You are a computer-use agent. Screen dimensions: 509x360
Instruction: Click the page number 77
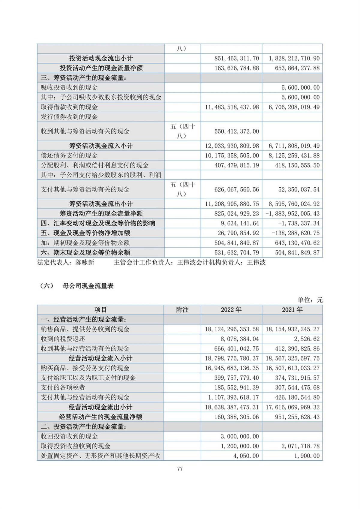(180, 468)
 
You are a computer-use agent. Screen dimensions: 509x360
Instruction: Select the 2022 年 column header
(231, 310)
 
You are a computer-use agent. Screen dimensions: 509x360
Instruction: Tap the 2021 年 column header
(292, 310)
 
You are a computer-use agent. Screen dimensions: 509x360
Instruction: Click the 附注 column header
(182, 310)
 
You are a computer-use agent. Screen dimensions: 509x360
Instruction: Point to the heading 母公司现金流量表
(88, 286)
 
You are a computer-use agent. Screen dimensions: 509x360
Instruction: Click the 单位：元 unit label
(310, 300)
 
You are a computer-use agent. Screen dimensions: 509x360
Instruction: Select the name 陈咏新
(85, 263)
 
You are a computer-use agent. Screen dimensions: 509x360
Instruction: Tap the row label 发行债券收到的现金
(69, 117)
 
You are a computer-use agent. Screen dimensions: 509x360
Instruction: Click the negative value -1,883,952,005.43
(292, 214)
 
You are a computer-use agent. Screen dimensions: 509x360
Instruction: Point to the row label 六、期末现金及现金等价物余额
(85, 252)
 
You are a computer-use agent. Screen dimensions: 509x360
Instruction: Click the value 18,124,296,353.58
(232, 329)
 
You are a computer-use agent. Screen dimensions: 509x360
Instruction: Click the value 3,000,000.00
(240, 436)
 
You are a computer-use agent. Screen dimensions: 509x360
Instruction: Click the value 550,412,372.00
(237, 131)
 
